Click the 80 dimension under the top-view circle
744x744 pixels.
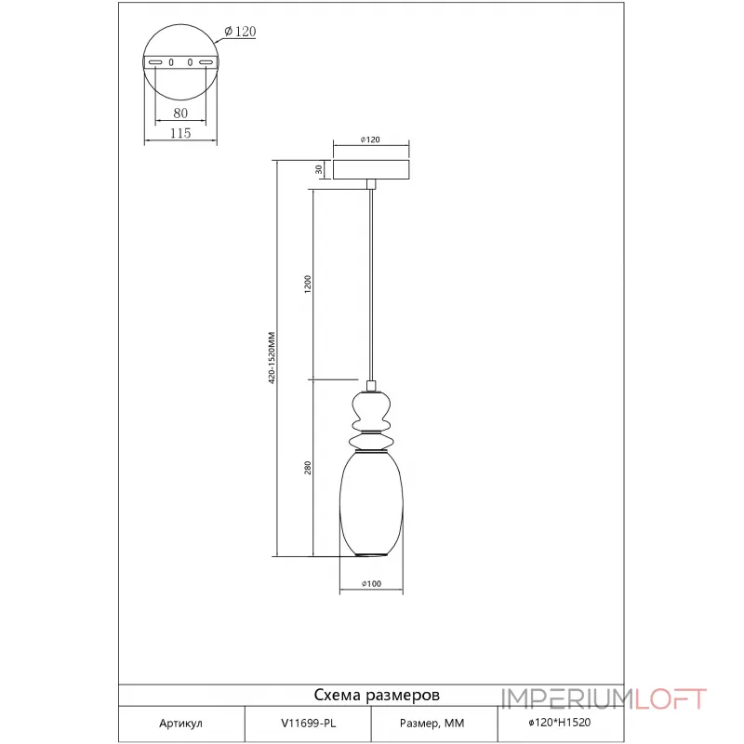point(180,113)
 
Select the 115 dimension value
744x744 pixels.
point(180,133)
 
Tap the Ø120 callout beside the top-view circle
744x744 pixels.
point(240,32)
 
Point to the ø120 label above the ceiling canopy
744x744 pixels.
point(370,139)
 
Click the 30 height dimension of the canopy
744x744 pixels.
point(319,169)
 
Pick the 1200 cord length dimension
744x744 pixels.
point(308,285)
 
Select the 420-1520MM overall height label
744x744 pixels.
point(272,358)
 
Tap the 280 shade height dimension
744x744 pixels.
point(308,468)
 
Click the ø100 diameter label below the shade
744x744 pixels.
point(371,584)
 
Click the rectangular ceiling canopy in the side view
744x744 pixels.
point(371,170)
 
